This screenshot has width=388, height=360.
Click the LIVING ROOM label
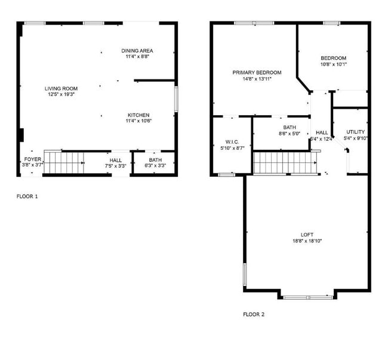pyautogui.click(x=61, y=88)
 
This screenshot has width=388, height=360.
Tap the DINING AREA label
pyautogui.click(x=137, y=51)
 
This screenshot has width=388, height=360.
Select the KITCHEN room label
pyautogui.click(x=138, y=115)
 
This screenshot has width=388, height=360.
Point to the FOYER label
pyautogui.click(x=32, y=160)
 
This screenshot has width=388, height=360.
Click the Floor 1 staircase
pyautogui.click(x=64, y=162)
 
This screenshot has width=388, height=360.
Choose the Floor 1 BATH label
pyautogui.click(x=155, y=160)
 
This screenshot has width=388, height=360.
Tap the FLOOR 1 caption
pyautogui.click(x=27, y=196)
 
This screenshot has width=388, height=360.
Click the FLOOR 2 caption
pyautogui.click(x=253, y=314)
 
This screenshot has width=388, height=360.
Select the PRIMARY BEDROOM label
pyautogui.click(x=257, y=73)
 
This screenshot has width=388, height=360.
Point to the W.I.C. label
pyautogui.click(x=232, y=141)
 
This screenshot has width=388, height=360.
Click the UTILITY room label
pyautogui.click(x=356, y=132)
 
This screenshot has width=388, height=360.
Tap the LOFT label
pyautogui.click(x=307, y=235)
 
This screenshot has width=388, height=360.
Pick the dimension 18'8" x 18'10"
pyautogui.click(x=307, y=241)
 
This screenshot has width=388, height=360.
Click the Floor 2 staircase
pyautogui.click(x=284, y=162)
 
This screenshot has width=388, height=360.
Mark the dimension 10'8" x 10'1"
pyautogui.click(x=333, y=64)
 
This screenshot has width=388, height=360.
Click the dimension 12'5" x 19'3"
pyautogui.click(x=61, y=94)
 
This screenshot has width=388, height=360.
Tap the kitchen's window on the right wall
pyautogui.click(x=176, y=99)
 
